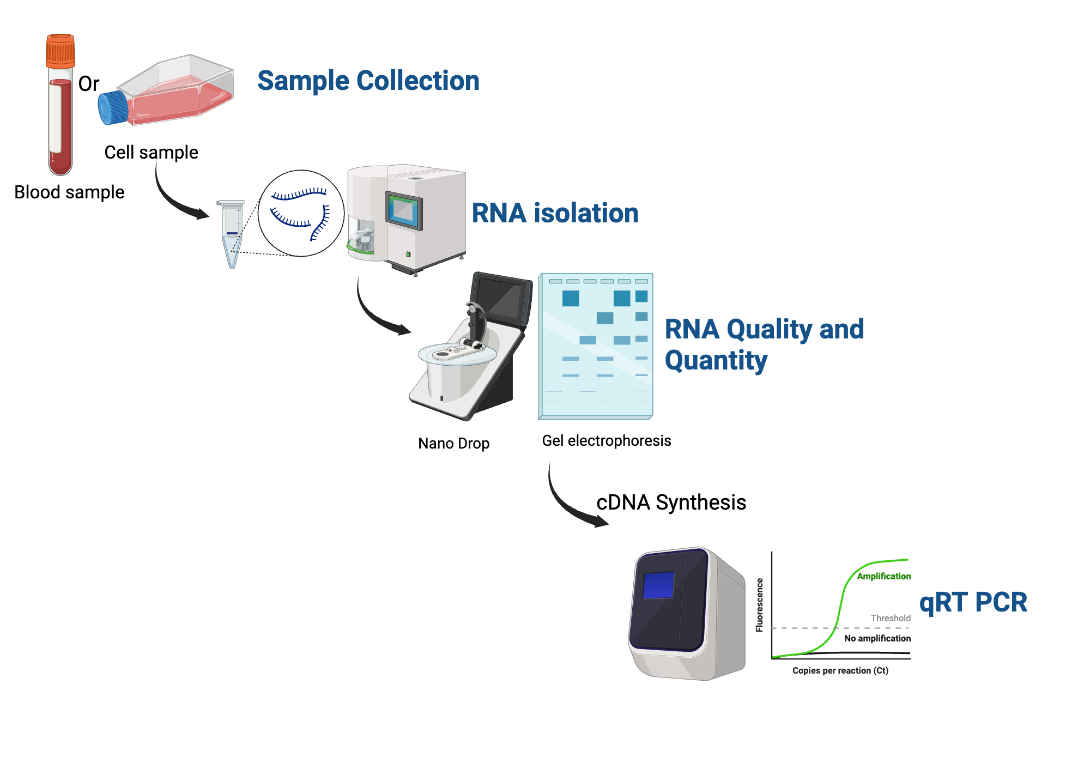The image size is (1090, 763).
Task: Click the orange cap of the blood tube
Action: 60,50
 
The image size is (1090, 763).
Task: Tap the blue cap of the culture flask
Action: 113,107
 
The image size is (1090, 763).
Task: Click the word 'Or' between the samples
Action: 89,84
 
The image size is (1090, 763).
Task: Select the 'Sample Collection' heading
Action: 368,81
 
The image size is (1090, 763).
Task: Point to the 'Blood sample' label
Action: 69,192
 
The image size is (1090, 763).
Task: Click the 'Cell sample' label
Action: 151,152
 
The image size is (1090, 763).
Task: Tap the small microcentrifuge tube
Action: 232,232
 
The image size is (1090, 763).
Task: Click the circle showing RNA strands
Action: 301,213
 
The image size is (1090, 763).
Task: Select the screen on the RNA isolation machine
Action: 404,210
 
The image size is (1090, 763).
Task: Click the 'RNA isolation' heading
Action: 555,213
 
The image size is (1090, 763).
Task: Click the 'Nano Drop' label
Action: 453,443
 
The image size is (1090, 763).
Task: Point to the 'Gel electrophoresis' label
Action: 606,440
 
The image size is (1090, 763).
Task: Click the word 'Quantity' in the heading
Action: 716,360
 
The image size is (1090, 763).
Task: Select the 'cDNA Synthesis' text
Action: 671,502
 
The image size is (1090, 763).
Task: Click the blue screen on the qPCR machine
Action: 658,585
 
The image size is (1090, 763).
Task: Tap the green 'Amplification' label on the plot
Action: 883,576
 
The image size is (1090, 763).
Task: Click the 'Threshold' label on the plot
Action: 891,618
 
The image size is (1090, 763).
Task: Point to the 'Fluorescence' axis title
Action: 759,605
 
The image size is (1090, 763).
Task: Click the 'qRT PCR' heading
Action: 973,602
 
